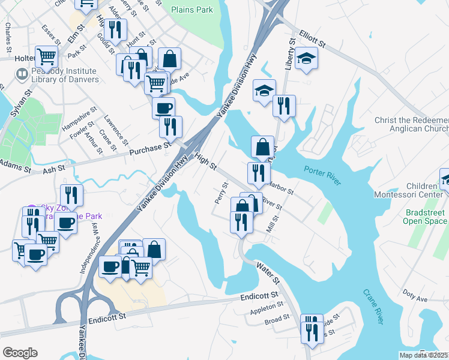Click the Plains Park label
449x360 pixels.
click(191, 10)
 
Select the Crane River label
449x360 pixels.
click(373, 307)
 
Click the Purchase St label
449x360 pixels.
click(147, 148)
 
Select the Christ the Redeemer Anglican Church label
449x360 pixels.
click(411, 124)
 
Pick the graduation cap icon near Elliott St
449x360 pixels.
click(306, 58)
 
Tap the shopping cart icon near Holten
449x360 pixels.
click(46, 57)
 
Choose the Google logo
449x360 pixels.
click(20, 353)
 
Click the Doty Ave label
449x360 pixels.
click(415, 298)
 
